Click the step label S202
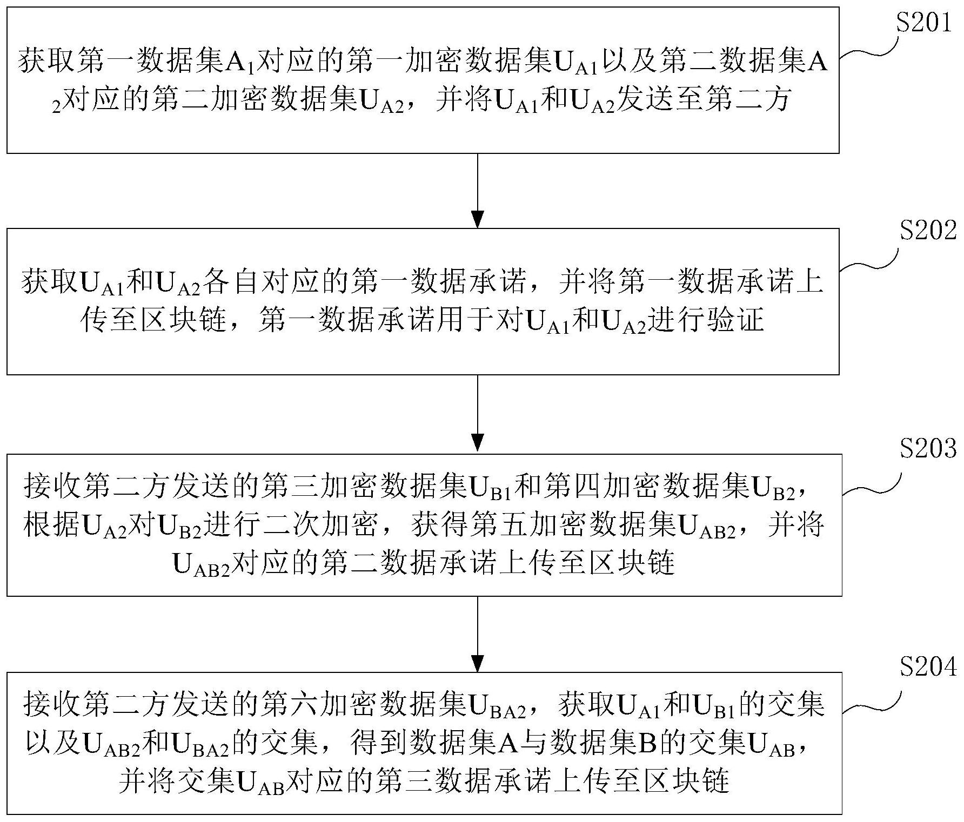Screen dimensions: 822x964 pyautogui.click(x=927, y=231)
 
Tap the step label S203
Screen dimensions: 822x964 pyautogui.click(x=927, y=448)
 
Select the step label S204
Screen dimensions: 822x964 pyautogui.click(x=927, y=668)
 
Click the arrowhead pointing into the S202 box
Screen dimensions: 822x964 pyautogui.click(x=478, y=219)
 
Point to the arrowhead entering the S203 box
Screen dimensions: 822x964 pyautogui.click(x=478, y=442)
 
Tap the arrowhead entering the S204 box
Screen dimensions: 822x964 pyautogui.click(x=478, y=663)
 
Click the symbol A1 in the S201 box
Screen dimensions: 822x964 pyautogui.click(x=238, y=63)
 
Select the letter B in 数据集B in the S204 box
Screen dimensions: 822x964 pyautogui.click(x=646, y=745)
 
